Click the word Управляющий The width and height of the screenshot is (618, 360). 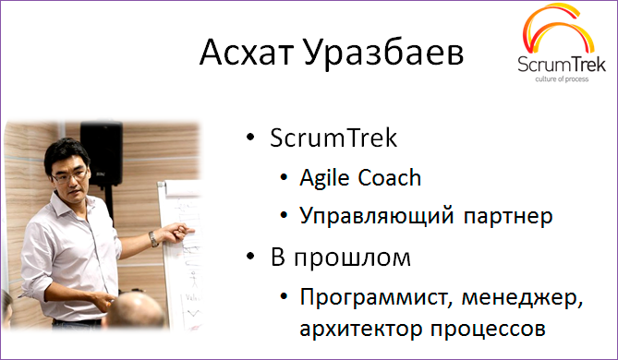(x=366, y=217)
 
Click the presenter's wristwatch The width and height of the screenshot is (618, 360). (x=152, y=238)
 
